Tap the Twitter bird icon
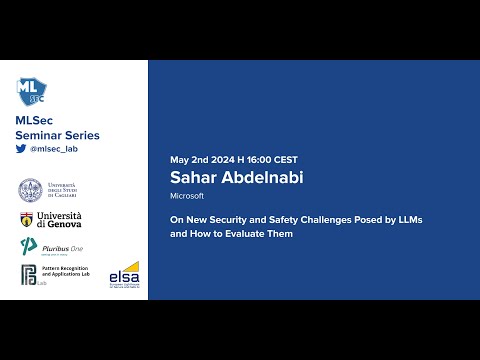(21, 148)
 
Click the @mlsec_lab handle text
(54, 148)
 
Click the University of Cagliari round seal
(30, 190)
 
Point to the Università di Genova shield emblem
(26, 220)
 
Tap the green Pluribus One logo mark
(28, 247)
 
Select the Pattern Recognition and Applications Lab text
(66, 272)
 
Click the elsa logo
(124, 272)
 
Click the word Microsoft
(187, 196)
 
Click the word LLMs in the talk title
(408, 219)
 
